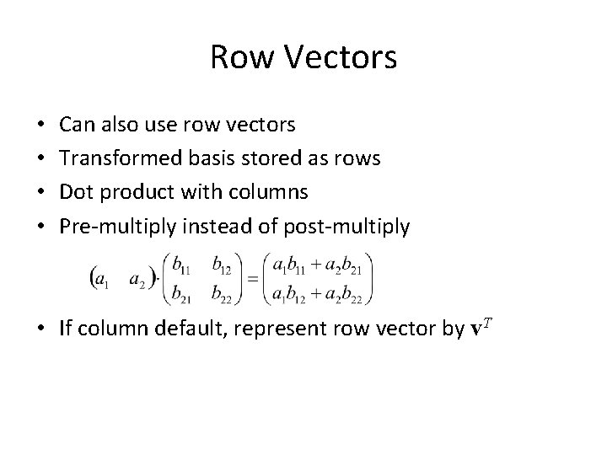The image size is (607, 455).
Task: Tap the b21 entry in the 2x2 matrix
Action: (x=182, y=292)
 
